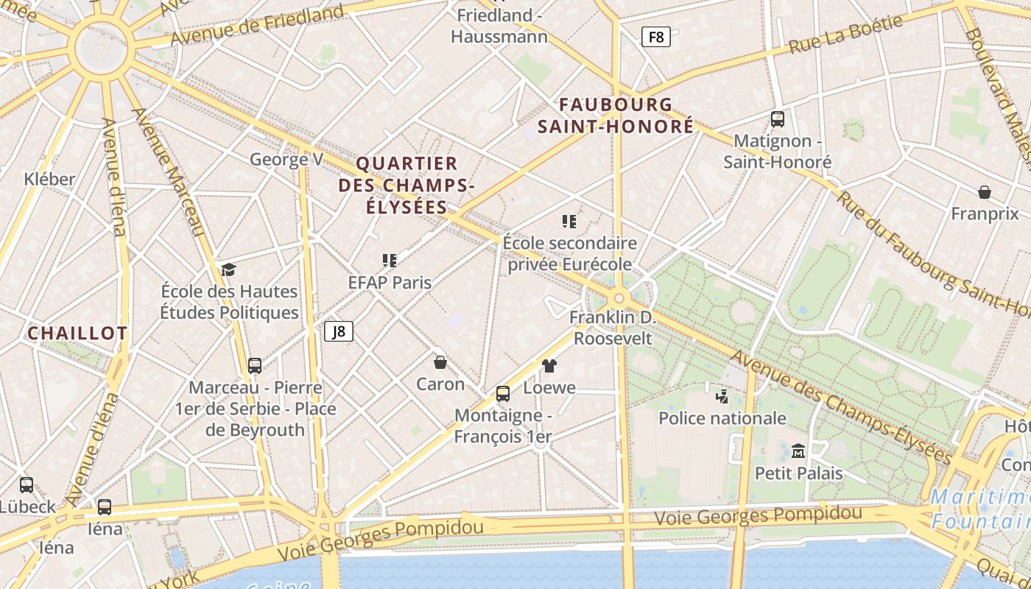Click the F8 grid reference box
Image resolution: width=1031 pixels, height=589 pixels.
point(655,37)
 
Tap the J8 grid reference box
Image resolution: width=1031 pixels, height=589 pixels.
point(339,331)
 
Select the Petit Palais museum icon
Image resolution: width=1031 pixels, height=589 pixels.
point(798,451)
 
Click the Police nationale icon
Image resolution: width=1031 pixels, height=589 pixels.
point(722,397)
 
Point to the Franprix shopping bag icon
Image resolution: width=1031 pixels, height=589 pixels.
point(984,193)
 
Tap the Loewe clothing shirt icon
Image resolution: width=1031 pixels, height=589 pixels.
point(549,365)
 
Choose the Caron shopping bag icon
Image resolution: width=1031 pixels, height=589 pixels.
point(440,362)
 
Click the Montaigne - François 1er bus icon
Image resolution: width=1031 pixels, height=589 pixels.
point(503,394)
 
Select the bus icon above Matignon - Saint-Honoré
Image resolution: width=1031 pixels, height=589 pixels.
point(777,119)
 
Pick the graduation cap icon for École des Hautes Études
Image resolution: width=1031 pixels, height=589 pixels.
point(228,269)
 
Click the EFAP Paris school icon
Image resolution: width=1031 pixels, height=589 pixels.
point(390,260)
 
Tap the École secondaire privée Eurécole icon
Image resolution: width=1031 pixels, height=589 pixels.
point(569,221)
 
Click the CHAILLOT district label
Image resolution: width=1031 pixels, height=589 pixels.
point(77,334)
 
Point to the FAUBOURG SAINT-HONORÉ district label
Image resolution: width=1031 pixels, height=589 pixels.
point(616,116)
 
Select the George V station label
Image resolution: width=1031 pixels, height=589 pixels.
point(286,160)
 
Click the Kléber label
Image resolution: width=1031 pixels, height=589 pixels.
point(49,179)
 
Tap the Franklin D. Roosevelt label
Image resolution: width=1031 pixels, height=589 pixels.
point(613,328)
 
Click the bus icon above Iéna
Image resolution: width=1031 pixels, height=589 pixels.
point(105,507)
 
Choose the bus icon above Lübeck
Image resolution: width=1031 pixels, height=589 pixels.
point(27,485)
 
